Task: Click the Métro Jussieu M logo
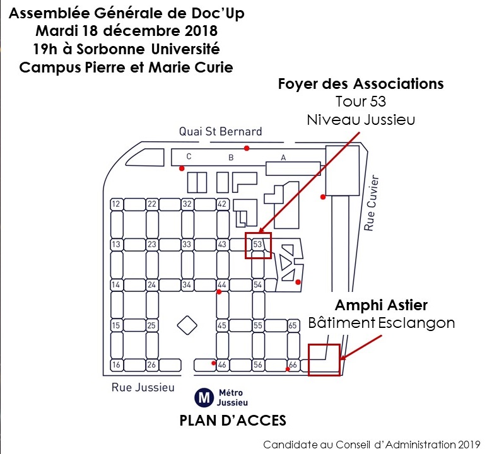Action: (x=204, y=397)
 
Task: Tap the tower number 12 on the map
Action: (x=116, y=204)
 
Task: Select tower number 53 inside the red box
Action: (x=257, y=244)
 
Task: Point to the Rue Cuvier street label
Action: (x=370, y=202)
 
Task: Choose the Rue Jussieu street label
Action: (x=143, y=387)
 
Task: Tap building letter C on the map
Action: (x=189, y=156)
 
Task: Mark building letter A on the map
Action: (x=283, y=158)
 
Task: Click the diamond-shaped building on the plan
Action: (x=187, y=325)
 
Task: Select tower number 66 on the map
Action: (x=293, y=365)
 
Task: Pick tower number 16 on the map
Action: (x=116, y=365)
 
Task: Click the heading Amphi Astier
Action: (x=381, y=305)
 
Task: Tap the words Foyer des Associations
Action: (x=361, y=84)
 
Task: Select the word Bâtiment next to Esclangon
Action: (x=341, y=323)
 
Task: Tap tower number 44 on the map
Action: (x=222, y=284)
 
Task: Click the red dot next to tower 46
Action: (x=212, y=363)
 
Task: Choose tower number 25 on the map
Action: (x=151, y=325)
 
